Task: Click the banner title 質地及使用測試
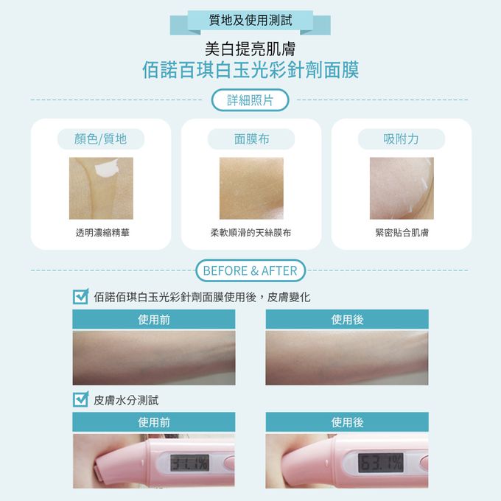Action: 251,20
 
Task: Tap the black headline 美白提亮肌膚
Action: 251,49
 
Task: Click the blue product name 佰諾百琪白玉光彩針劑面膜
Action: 251,70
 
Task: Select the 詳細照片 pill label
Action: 251,100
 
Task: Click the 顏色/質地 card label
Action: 101,139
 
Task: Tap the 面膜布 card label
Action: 251,139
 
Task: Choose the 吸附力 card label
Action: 402,139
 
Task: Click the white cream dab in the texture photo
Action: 107,168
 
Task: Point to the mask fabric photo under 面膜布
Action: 251,188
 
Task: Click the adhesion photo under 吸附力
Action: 402,188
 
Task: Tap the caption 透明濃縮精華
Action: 102,233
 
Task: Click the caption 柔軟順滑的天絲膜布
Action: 251,233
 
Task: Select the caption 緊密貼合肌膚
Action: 402,233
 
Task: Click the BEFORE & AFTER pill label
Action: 251,270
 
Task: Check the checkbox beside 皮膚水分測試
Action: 80,399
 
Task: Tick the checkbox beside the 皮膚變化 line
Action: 80,296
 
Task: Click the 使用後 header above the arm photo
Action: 347,319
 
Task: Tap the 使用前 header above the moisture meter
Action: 154,422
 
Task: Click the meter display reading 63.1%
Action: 380,463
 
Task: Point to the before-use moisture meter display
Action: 190,463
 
